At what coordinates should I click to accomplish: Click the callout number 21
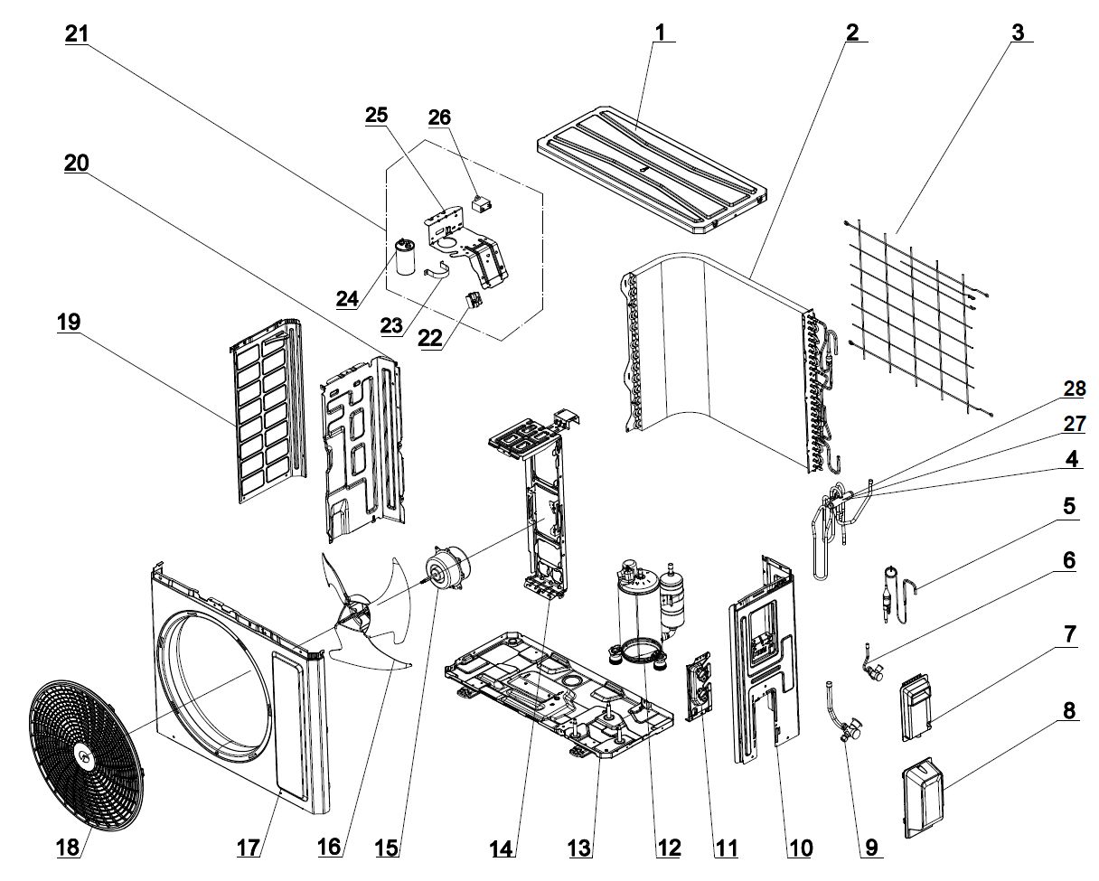(77, 33)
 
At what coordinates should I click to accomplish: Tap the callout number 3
(1018, 33)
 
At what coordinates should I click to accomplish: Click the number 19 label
(69, 322)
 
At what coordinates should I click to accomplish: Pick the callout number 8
(1069, 711)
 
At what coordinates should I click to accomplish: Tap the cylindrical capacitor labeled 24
(405, 258)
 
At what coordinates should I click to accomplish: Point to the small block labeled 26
(484, 203)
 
